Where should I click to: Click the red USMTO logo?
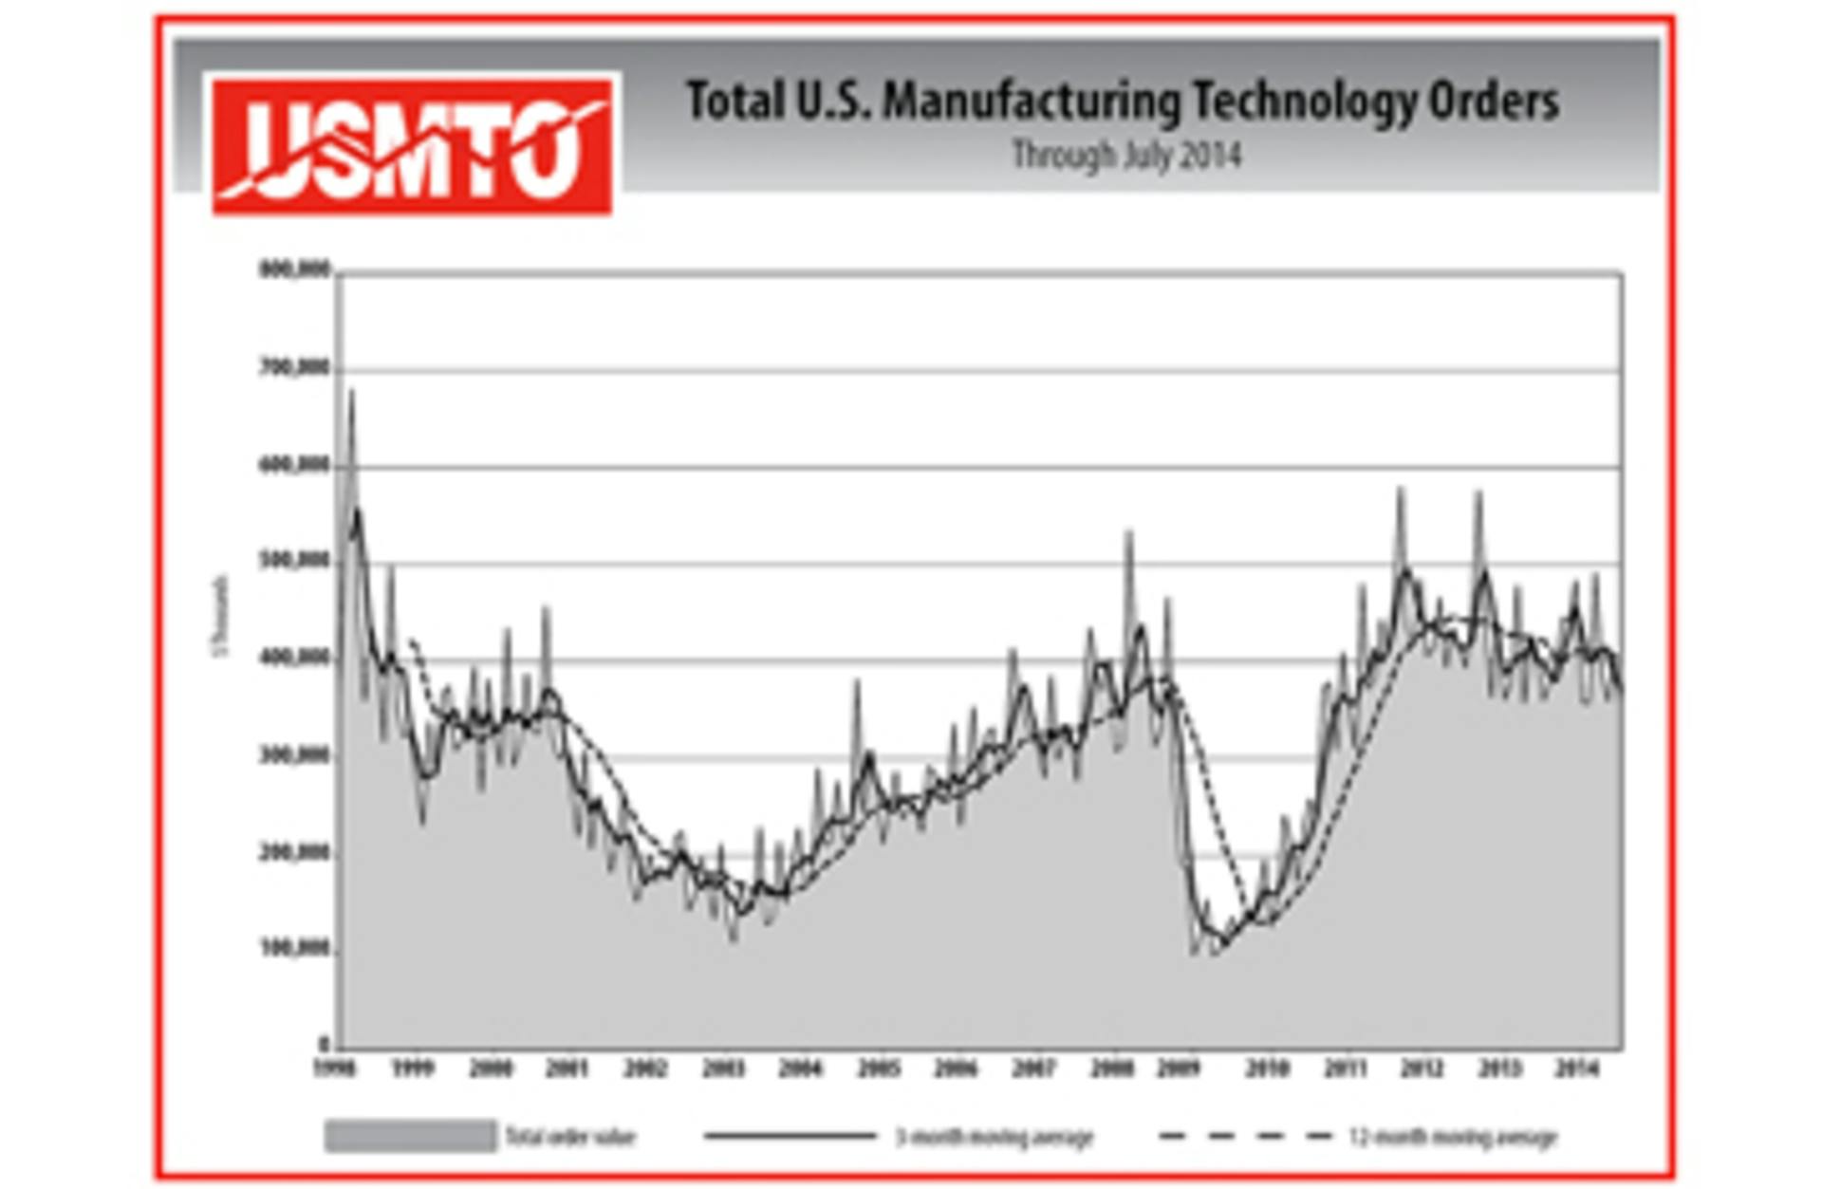(x=412, y=146)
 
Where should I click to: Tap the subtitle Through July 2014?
(x=1126, y=155)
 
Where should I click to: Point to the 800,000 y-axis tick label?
(x=294, y=270)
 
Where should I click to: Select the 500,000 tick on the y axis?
(x=294, y=561)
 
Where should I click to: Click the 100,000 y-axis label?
(x=294, y=948)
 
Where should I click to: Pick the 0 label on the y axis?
(x=325, y=1045)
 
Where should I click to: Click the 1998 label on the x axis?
(x=335, y=1068)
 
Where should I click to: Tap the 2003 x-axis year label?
(x=723, y=1068)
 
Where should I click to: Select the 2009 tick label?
(x=1179, y=1068)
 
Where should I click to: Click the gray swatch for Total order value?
(x=410, y=1136)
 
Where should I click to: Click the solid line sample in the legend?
(x=790, y=1136)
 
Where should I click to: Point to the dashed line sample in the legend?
(x=1245, y=1136)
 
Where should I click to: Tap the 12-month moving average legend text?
(x=1453, y=1136)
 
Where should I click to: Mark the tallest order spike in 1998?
(x=352, y=392)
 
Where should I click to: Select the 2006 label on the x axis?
(x=955, y=1068)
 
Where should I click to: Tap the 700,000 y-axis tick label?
(x=294, y=367)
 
